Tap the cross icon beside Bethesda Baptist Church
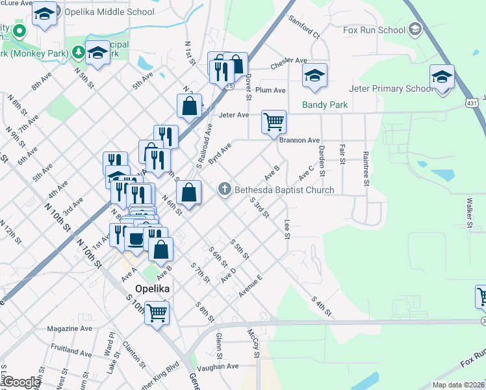(x=225, y=189)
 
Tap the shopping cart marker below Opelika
(x=157, y=313)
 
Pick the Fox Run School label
(x=374, y=30)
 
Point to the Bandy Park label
(x=325, y=105)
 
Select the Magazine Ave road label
(x=70, y=329)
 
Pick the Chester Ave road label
(x=288, y=61)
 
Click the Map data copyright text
(x=457, y=385)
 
